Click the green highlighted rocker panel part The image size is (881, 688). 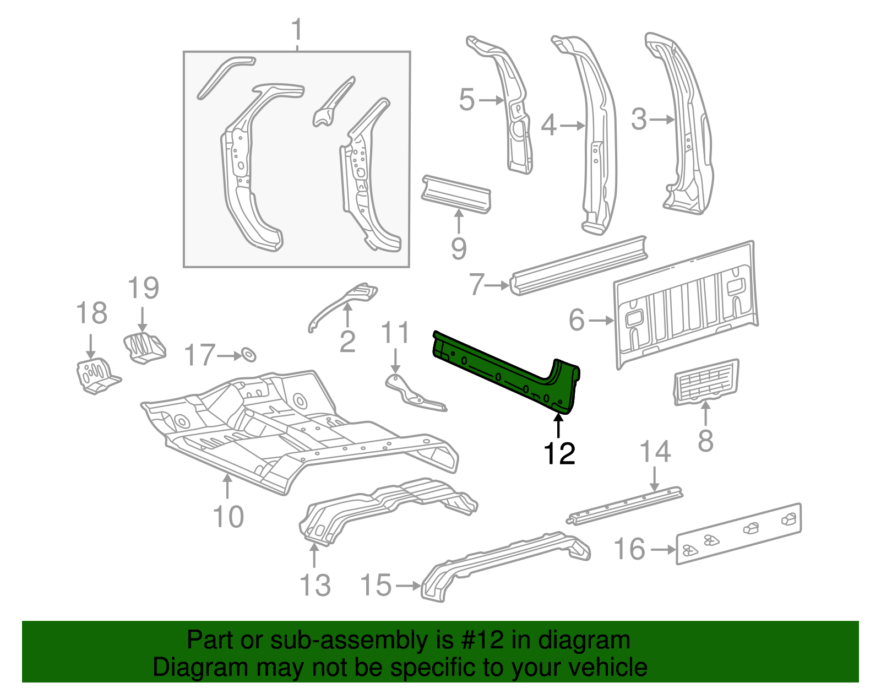pyautogui.click(x=507, y=375)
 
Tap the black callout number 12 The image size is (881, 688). pyautogui.click(x=559, y=453)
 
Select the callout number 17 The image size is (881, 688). pyautogui.click(x=199, y=355)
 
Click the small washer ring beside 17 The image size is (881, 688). pyautogui.click(x=248, y=355)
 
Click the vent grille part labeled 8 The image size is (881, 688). pyautogui.click(x=706, y=382)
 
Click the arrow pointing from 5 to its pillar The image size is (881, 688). pyautogui.click(x=491, y=100)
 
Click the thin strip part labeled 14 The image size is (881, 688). pyautogui.click(x=625, y=505)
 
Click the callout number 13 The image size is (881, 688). pyautogui.click(x=315, y=585)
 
